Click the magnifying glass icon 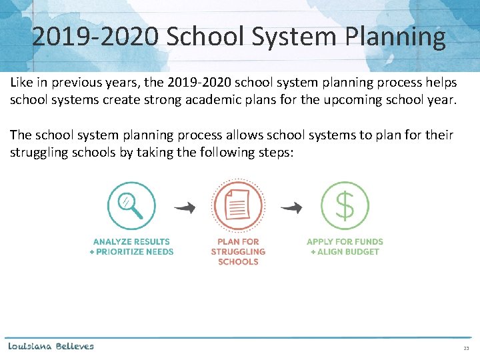pos(131,206)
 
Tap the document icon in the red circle pos(238,206)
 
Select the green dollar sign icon pos(345,206)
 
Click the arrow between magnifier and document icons pos(185,208)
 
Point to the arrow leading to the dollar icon pos(291,208)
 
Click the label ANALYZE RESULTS pos(131,241)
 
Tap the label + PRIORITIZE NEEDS pos(131,252)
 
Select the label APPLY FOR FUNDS pos(345,241)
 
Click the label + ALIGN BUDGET pos(345,252)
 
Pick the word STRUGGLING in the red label pos(238,252)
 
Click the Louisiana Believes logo pos(51,346)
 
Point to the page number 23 pos(466,349)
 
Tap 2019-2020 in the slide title pos(95,37)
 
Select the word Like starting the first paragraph pos(21,83)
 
